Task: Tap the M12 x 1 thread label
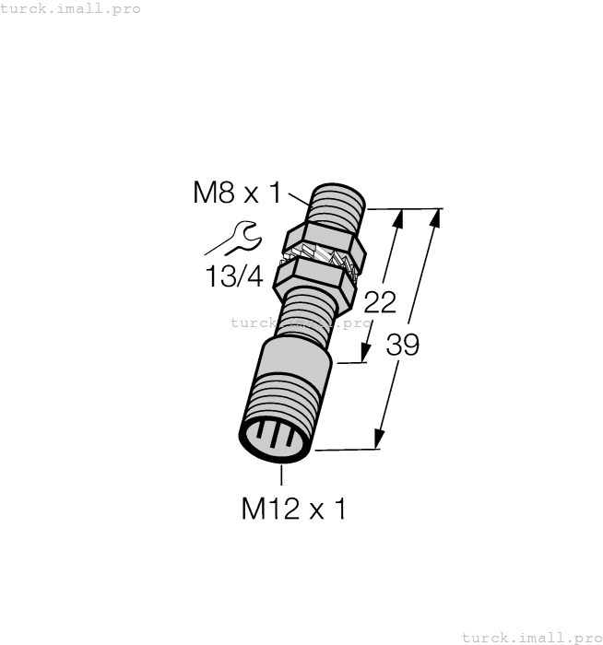click(x=293, y=509)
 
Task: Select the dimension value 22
click(x=380, y=302)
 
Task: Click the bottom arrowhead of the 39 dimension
click(x=378, y=440)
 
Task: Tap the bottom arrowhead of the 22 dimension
click(x=366, y=353)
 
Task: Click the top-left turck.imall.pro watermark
click(x=70, y=8)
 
